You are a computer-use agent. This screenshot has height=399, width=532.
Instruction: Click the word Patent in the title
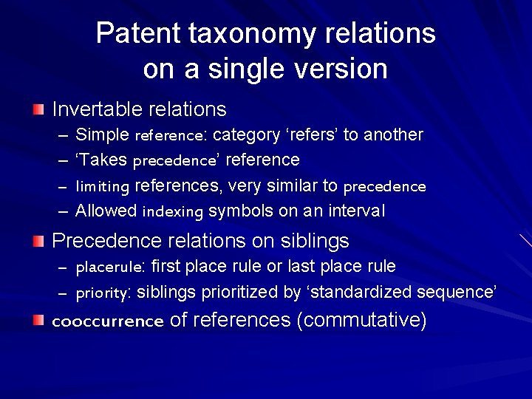[x=137, y=34]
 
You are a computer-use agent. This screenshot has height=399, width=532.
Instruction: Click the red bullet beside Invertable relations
[x=38, y=110]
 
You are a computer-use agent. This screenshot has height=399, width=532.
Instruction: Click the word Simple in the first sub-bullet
[x=103, y=135]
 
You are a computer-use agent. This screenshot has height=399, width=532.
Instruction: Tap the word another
[x=393, y=134]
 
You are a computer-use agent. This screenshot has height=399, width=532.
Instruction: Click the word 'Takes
[x=102, y=160]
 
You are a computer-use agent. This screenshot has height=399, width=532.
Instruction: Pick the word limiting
[x=103, y=186]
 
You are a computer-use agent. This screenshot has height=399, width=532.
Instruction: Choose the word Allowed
[x=106, y=211]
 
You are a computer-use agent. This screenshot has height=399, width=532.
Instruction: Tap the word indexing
[x=172, y=212]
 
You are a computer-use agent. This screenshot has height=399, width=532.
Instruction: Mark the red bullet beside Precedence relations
[x=38, y=241]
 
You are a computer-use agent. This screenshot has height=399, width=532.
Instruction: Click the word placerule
[x=110, y=267]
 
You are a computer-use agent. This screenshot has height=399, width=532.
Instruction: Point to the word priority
[x=103, y=293]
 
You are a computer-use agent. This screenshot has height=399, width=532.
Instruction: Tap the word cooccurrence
[x=107, y=321]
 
